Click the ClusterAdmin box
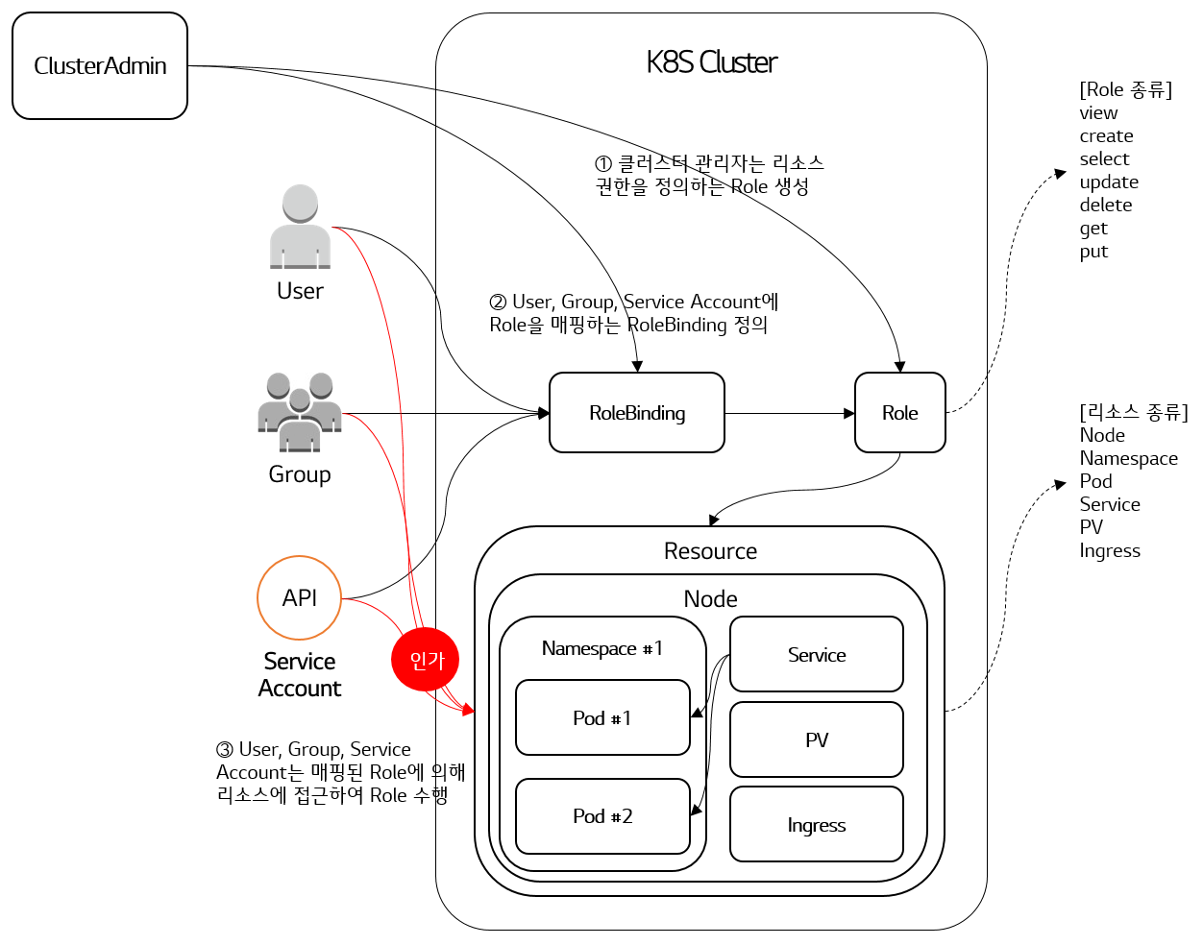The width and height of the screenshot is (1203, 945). coord(100,66)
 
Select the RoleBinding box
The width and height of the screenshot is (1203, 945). coord(637,413)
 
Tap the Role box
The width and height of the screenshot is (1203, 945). coord(899,413)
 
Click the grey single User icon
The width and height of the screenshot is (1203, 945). coord(300,227)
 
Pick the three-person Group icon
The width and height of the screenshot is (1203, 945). coord(300,412)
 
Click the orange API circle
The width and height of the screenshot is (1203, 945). coord(299,597)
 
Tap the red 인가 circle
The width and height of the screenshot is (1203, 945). coord(425,659)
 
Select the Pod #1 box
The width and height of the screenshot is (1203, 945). coord(602,717)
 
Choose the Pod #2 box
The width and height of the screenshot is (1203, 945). coord(602,816)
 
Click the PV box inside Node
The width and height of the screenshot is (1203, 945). coord(817,739)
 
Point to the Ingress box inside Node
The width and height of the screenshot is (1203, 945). coord(817,824)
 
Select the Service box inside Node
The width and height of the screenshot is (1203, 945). coord(817,655)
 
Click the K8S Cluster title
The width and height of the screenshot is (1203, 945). coord(712,62)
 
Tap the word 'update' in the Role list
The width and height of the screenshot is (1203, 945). coord(1109,182)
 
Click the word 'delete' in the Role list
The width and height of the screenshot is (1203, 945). coord(1106,205)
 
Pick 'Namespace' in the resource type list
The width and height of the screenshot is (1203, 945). coord(1128,458)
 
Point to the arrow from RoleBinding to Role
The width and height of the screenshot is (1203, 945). coord(790,413)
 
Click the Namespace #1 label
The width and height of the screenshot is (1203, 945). coord(602,648)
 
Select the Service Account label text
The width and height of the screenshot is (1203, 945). coord(300,675)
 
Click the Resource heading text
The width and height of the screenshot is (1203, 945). coord(710,551)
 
